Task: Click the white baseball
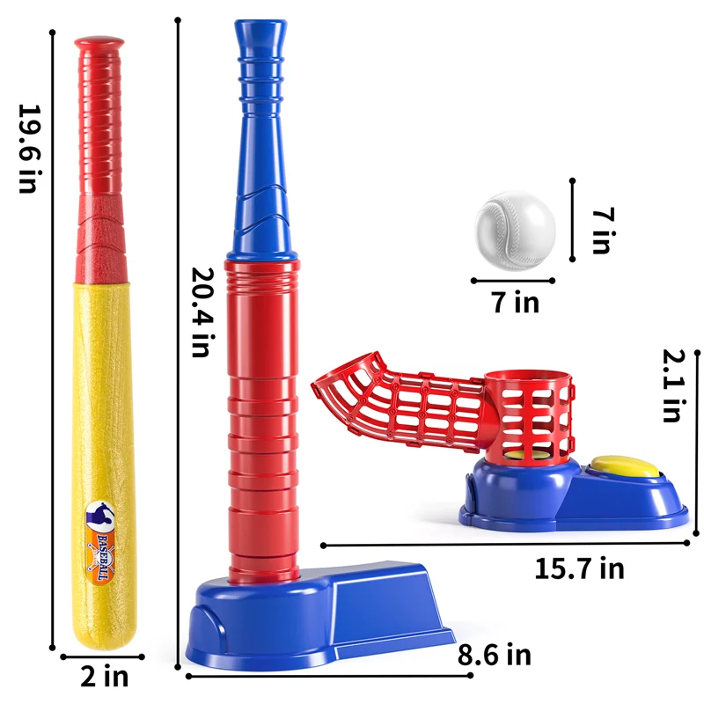click(x=515, y=231)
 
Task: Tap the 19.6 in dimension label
click(x=29, y=149)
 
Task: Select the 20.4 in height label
click(x=203, y=312)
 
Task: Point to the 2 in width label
click(x=104, y=676)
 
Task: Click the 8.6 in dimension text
click(x=495, y=654)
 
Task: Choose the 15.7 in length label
click(x=579, y=568)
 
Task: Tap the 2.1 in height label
click(x=674, y=385)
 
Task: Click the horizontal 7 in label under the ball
click(x=515, y=302)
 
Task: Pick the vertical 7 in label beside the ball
click(x=603, y=231)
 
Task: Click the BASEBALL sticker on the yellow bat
click(x=100, y=543)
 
